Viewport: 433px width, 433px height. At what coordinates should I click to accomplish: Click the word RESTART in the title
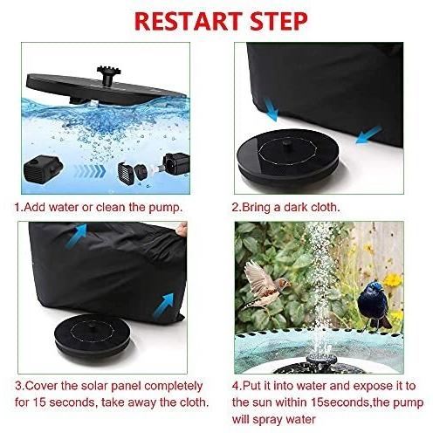(189, 21)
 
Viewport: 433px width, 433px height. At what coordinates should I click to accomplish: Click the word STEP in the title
(278, 21)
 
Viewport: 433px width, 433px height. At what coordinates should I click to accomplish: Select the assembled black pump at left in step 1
(43, 168)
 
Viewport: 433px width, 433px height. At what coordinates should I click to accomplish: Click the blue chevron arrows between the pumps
(89, 171)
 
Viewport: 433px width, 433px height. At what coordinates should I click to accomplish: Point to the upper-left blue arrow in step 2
(271, 110)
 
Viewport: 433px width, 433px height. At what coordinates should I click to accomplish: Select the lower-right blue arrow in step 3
(163, 306)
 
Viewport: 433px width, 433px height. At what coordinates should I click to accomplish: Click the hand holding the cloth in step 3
(182, 229)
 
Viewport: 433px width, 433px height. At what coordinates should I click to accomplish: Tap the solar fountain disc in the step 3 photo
(92, 334)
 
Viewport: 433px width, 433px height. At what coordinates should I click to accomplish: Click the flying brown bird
(265, 285)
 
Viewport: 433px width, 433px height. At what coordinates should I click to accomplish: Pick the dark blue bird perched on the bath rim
(374, 304)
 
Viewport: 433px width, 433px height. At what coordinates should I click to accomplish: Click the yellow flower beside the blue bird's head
(393, 280)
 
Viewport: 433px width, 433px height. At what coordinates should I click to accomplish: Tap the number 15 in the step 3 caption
(39, 402)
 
